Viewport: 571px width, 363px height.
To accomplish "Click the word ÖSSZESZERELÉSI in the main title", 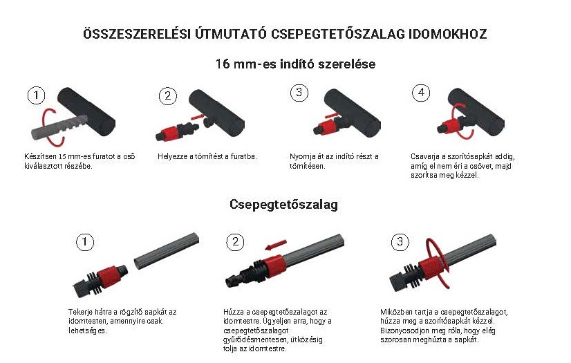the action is click(x=137, y=33).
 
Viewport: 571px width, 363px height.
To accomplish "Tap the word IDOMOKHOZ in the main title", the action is click(x=447, y=34).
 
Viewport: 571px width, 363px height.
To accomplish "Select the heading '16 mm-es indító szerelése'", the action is click(x=295, y=64).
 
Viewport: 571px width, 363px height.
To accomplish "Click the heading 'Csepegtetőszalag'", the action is click(x=283, y=204).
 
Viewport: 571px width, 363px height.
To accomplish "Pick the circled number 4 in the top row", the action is click(x=420, y=93).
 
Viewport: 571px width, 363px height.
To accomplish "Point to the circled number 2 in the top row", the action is click(x=167, y=95).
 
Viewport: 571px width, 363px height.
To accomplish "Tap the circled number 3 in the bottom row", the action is click(x=400, y=241).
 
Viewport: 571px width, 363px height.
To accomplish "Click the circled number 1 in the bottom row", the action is click(x=85, y=242).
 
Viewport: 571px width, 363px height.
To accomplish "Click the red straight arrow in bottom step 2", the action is click(x=276, y=245).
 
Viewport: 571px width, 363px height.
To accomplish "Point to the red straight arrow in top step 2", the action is click(x=196, y=115).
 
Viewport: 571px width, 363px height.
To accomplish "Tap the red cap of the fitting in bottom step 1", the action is click(x=109, y=276).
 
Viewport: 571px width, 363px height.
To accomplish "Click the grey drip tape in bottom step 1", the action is click(x=167, y=251).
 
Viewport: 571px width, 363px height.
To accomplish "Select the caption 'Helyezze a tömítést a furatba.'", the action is click(x=207, y=156).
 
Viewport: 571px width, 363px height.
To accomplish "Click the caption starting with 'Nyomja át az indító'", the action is click(x=334, y=161).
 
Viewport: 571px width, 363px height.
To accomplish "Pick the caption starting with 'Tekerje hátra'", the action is click(x=122, y=322).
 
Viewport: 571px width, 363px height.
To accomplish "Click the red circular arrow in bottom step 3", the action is click(x=438, y=263).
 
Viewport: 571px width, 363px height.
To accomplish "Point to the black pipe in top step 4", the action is click(x=476, y=112).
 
